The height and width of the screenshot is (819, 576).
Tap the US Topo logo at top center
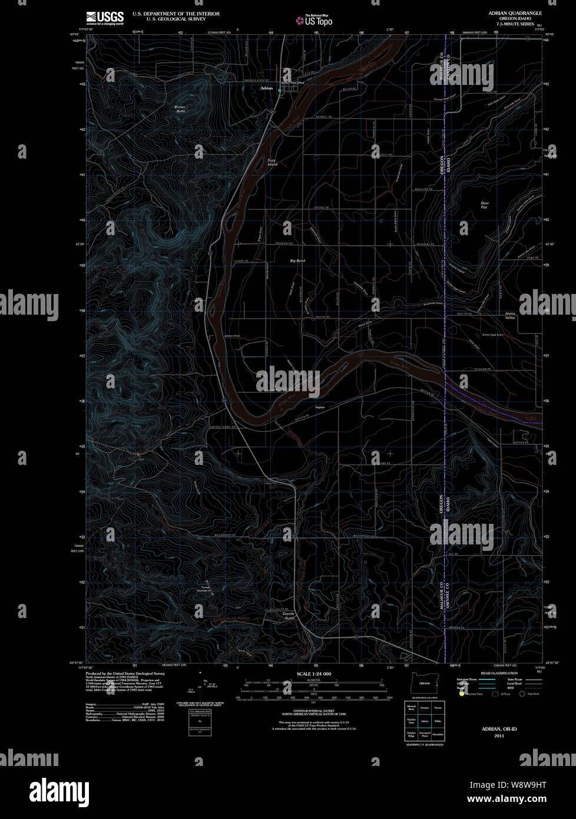click(x=315, y=20)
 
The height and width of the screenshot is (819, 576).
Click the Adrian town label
click(x=266, y=88)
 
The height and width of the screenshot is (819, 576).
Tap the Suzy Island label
click(x=272, y=162)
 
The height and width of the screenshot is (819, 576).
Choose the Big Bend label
click(x=297, y=260)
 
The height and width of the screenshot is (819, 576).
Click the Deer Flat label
click(x=484, y=205)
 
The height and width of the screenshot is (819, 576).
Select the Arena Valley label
click(x=510, y=316)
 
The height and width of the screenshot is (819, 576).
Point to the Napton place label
click(x=320, y=407)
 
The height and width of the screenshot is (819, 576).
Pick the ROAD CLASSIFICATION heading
click(x=499, y=673)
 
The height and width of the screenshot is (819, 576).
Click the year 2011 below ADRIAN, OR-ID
click(x=499, y=736)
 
